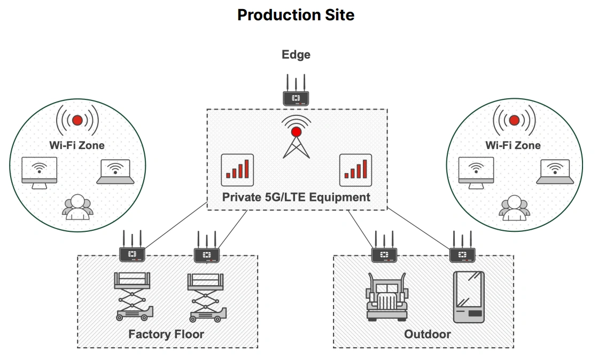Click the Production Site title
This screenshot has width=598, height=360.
point(296,14)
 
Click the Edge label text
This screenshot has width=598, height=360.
point(296,54)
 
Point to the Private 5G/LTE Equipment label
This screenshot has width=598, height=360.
point(296,197)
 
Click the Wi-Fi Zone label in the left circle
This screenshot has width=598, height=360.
point(77,145)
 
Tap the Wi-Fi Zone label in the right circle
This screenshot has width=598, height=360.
point(513,145)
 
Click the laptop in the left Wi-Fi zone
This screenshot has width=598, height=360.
point(115,172)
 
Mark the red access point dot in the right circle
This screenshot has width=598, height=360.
point(514,120)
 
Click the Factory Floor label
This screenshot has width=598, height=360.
point(166,335)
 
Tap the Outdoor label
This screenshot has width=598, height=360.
point(428,334)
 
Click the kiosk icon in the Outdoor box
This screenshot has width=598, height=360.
point(469,297)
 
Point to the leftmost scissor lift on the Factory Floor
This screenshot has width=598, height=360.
point(133,296)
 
